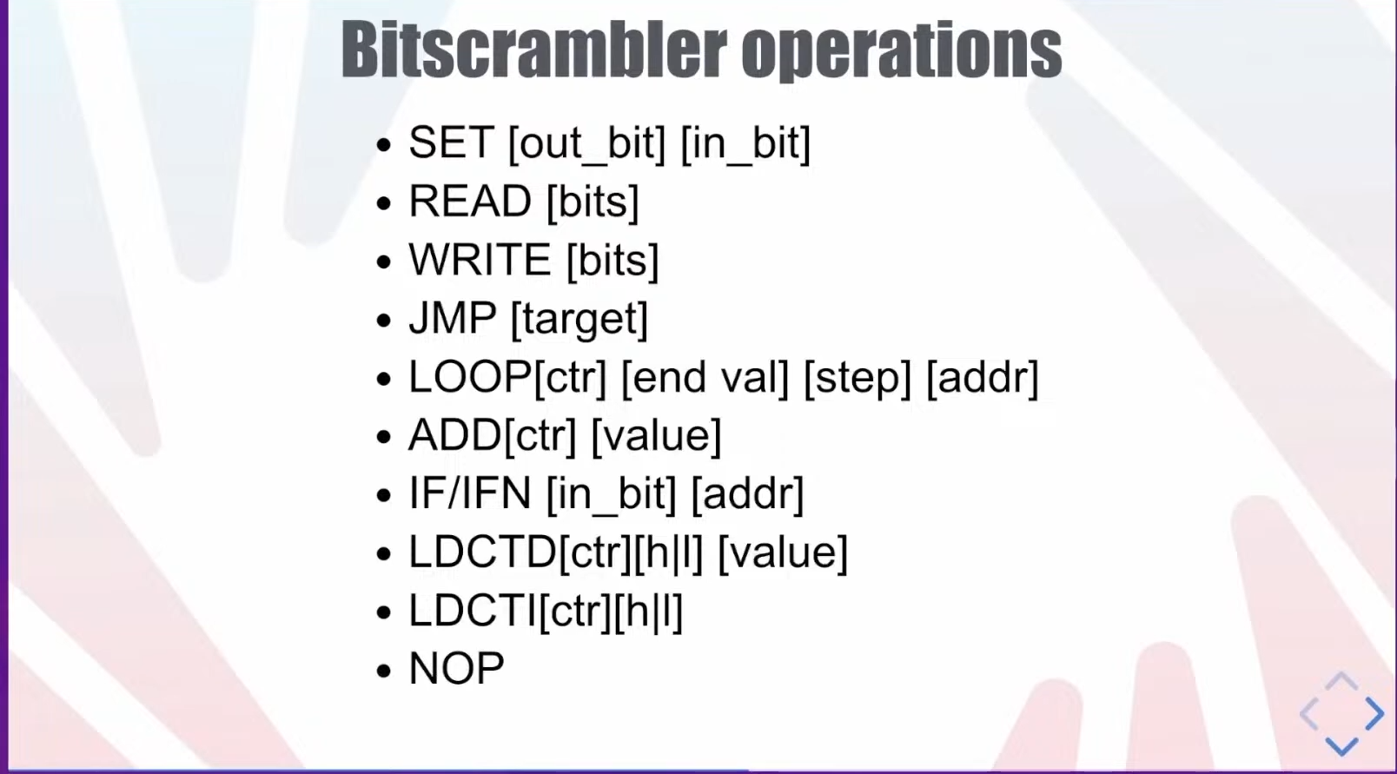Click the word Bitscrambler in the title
point(533,49)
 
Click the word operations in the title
point(902,52)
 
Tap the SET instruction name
point(452,142)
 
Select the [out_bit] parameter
point(587,145)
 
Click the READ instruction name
point(470,202)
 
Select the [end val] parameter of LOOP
point(705,378)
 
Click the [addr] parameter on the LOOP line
point(983,378)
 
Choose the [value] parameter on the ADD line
point(656,436)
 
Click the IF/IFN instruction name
point(470,493)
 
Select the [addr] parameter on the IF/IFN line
point(748,494)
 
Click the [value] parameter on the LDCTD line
point(784,552)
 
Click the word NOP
point(456,668)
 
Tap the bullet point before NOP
point(384,671)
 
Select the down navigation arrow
point(1341,746)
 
